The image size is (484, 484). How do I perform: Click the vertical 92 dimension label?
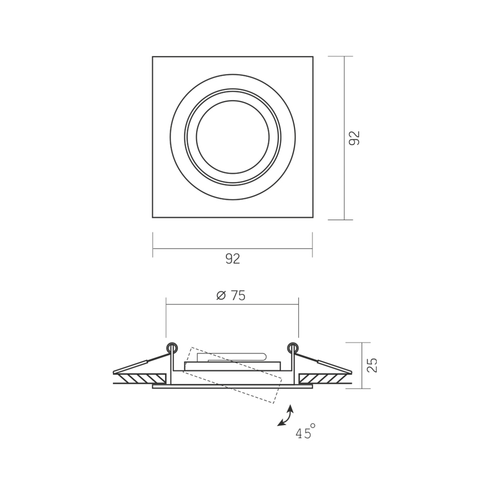click(x=354, y=138)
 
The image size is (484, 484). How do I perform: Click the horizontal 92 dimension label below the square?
click(x=233, y=259)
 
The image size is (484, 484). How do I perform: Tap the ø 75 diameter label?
click(x=231, y=296)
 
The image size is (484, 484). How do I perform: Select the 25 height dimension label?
click(x=372, y=365)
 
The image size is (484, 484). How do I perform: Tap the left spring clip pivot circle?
click(x=172, y=348)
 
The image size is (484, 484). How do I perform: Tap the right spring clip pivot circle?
click(x=293, y=348)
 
